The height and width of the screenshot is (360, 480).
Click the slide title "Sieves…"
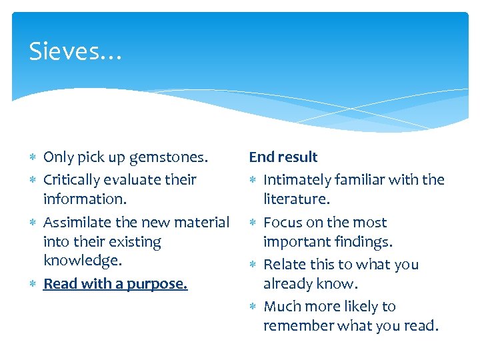coord(75,51)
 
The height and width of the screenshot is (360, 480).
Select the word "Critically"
coord(74,180)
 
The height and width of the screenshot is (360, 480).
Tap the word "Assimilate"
coord(78,223)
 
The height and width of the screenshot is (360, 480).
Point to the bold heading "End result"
coord(283,157)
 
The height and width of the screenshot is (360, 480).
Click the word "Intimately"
coord(297,180)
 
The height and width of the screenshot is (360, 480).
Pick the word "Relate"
coord(285,265)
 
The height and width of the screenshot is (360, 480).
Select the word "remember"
coord(297,326)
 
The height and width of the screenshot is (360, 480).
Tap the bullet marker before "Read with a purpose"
coord(33,285)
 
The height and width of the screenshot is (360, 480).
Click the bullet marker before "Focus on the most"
coord(254,223)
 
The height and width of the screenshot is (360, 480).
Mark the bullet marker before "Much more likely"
coord(254,307)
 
